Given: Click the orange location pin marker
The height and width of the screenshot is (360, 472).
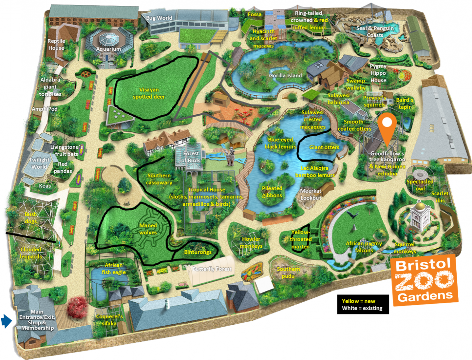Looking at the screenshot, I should coord(387,127).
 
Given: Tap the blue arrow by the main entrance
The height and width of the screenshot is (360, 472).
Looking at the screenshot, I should coord(6,321).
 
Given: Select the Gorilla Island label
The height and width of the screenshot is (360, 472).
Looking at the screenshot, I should coord(285,76).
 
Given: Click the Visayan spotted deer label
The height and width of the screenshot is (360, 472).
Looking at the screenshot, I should coord(149,93).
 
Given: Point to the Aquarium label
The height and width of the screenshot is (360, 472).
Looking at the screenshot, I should coord(108,49).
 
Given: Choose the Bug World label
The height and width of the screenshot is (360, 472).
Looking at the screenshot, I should coord(159,18).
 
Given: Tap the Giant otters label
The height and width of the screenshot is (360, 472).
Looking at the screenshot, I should coord(324,147).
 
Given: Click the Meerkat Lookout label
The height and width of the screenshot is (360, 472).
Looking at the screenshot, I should coord(311,194).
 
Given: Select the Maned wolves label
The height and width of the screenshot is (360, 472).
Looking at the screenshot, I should coord(148,229).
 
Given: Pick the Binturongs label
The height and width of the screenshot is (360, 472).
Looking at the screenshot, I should coord(198,252).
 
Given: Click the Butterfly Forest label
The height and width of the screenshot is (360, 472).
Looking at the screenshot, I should coord(212,269).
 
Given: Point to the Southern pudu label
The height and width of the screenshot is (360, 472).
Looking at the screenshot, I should coord(288,272).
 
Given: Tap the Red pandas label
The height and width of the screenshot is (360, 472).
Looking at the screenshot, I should coord(63,167).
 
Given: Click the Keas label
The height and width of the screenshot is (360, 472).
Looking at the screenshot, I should coord(45,186).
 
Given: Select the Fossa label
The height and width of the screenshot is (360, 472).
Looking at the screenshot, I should coord(254,14).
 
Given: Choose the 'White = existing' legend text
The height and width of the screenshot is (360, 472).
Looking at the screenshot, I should coord(362,308).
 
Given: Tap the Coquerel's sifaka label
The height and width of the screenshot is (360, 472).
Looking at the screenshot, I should coord(109,320).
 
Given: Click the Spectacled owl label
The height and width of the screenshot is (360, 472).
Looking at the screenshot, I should coord(420,185).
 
